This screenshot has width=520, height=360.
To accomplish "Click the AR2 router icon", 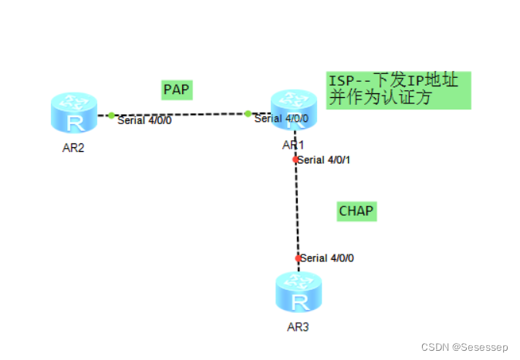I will (74, 113).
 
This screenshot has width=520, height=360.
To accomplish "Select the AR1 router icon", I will (293, 109).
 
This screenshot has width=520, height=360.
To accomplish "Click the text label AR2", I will (73, 148).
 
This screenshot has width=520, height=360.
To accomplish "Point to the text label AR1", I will (293, 144).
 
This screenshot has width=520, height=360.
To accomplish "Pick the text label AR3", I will (298, 327).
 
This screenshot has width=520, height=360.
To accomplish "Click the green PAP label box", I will (177, 89).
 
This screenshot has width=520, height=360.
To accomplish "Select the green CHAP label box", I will (356, 210).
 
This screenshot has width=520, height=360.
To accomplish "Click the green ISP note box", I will (397, 90).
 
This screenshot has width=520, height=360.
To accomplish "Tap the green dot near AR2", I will (111, 116).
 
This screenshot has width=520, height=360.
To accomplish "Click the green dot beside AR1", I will (248, 114).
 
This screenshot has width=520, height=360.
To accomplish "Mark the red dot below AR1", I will (295, 160).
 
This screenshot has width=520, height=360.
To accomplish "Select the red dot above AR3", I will (298, 258).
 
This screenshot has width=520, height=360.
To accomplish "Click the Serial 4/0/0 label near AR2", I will (144, 120).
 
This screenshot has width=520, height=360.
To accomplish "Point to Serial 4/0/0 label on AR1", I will (282, 119).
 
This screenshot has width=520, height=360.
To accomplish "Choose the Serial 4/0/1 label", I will (326, 160).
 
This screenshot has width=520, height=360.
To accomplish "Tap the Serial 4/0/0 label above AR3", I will (328, 258).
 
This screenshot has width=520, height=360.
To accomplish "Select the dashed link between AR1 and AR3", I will (296, 208).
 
